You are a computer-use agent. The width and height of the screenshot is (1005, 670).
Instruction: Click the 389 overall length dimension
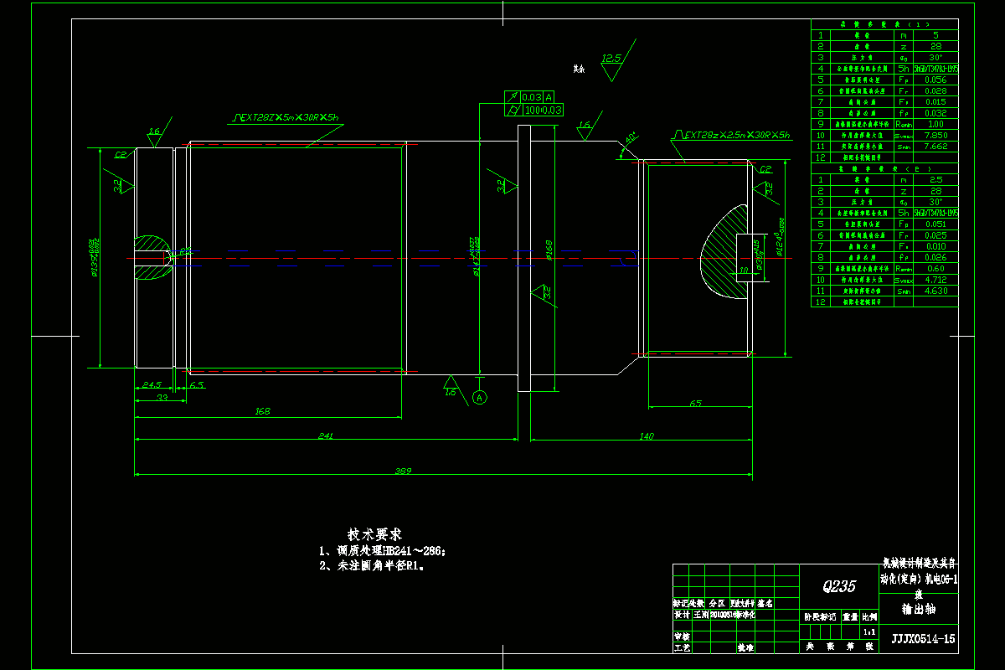click(403, 472)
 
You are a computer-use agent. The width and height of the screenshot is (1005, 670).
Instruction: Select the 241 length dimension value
click(326, 435)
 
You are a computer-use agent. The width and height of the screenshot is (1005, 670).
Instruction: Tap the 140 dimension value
click(646, 435)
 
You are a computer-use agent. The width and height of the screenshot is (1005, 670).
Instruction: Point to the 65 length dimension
click(695, 404)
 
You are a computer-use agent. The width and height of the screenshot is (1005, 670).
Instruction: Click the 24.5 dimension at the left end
click(152, 385)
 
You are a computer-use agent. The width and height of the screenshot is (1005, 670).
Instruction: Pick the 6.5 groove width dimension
click(197, 385)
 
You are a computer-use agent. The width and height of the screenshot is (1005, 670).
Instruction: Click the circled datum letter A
click(480, 398)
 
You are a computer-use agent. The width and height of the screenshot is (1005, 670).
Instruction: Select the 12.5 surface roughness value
click(611, 59)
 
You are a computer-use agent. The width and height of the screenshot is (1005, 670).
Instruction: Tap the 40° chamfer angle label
click(630, 136)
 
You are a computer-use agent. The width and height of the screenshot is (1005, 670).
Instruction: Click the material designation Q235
click(838, 586)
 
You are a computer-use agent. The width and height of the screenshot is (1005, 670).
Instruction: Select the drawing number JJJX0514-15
click(923, 639)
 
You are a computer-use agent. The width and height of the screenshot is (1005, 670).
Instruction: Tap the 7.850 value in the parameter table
click(935, 135)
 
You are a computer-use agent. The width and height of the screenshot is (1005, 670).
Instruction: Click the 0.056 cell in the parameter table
click(935, 80)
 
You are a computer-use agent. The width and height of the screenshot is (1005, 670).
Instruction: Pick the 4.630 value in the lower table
click(935, 291)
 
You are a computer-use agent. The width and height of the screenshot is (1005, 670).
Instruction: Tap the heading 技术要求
click(374, 533)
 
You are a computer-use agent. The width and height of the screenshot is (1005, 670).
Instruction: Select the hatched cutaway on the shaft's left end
click(152, 256)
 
